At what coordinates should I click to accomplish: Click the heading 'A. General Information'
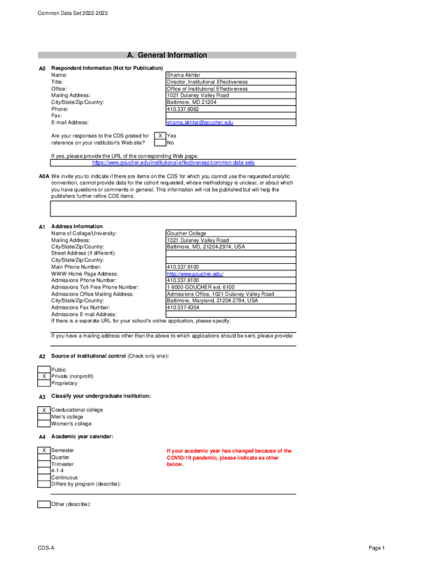167,55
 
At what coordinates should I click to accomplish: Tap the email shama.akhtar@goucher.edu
200,123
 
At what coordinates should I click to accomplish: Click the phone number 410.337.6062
183,109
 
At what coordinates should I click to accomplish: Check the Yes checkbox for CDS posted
159,136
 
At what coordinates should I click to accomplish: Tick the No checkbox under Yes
159,143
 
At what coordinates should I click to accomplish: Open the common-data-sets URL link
173,163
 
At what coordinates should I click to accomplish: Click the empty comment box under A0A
173,209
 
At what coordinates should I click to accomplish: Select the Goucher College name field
186,234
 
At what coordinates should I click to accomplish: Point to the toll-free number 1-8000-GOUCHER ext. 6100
201,288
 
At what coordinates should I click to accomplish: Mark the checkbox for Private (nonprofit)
44,377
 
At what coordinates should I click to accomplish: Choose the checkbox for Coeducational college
44,410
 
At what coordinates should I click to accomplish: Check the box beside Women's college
44,424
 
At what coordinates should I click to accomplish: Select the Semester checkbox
44,451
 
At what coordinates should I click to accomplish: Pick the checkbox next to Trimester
44,465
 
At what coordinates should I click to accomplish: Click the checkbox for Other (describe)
44,504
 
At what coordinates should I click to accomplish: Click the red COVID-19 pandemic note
229,457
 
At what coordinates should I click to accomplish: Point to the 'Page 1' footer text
377,548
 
